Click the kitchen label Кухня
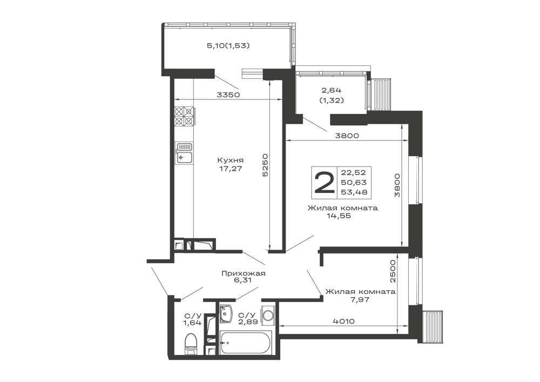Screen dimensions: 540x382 tap(231, 160)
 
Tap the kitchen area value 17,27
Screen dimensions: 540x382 tap(231, 169)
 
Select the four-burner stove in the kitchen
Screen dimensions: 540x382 tap(184, 116)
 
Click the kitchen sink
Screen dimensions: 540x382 tap(184, 152)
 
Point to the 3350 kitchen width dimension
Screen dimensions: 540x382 tap(228, 95)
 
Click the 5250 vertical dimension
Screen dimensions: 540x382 tap(265, 165)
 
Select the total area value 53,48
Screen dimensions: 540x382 tap(354, 192)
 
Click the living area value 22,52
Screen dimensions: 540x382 tap(354, 172)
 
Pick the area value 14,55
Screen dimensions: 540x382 tap(339, 216)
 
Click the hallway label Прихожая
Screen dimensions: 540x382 tap(243, 273)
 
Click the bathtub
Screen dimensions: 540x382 tap(246, 343)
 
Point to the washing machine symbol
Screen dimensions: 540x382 tap(268, 315)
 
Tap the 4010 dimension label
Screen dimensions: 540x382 tap(343, 321)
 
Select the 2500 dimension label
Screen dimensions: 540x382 tap(394, 271)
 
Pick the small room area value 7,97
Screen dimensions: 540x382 tap(360, 299)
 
